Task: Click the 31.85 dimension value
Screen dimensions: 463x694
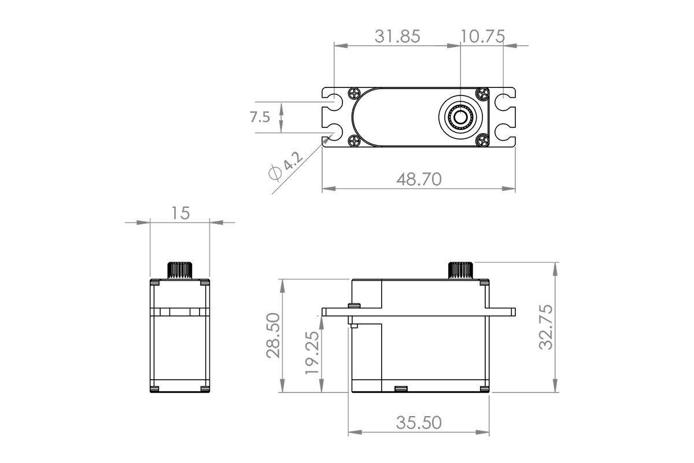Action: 397,36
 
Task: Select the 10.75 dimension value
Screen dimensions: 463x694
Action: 482,36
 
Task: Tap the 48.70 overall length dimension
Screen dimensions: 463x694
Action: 419,179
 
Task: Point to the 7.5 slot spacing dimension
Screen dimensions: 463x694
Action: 260,117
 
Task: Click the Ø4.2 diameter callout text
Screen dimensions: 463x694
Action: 285,167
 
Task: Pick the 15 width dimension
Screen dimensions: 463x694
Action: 180,213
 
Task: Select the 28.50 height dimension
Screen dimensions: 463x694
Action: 272,336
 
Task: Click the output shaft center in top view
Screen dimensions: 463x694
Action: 460,117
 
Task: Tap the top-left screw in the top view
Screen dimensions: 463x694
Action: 355,94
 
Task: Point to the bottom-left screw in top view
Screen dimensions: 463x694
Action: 355,140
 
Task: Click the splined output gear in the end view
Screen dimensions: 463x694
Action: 179,270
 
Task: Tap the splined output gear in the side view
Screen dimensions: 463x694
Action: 461,270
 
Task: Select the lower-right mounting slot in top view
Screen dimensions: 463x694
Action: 505,132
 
